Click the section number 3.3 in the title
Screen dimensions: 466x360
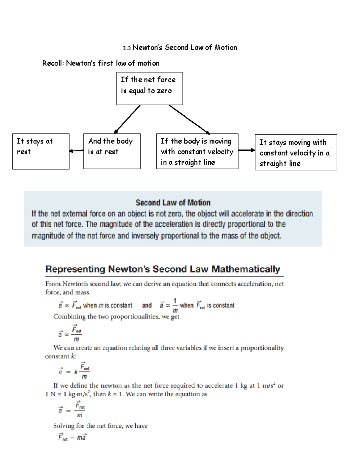click(127, 48)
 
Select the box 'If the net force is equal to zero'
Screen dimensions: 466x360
click(149, 89)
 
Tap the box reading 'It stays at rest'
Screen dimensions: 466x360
click(41, 151)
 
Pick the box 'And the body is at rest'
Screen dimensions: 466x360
click(112, 151)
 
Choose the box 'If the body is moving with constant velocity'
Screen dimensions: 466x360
click(197, 151)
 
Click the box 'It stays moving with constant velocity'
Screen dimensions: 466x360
click(296, 152)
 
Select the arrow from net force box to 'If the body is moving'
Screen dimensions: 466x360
click(189, 119)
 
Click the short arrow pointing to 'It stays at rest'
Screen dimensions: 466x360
click(76, 151)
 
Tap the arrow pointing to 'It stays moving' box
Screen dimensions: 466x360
click(247, 150)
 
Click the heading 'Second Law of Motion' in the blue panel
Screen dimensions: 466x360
click(173, 203)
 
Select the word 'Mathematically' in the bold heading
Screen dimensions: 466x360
click(246, 269)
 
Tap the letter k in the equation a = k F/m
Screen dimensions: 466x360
click(76, 372)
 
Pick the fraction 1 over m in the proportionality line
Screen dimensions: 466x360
click(175, 305)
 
